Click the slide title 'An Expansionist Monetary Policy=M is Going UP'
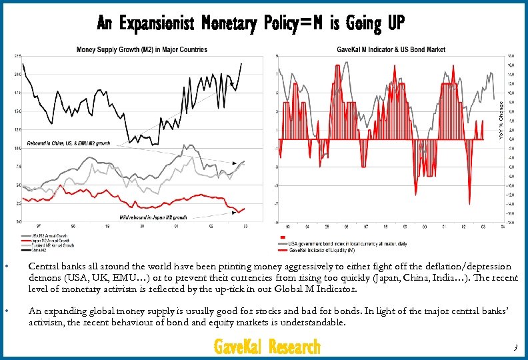251,24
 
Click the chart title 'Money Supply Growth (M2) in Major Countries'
141,49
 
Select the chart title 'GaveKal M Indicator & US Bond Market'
391,49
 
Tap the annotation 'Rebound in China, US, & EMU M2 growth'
68,143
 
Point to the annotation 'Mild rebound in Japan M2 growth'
153,217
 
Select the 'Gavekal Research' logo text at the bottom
267,347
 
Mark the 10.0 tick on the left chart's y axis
17,148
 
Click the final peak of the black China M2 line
242,63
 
